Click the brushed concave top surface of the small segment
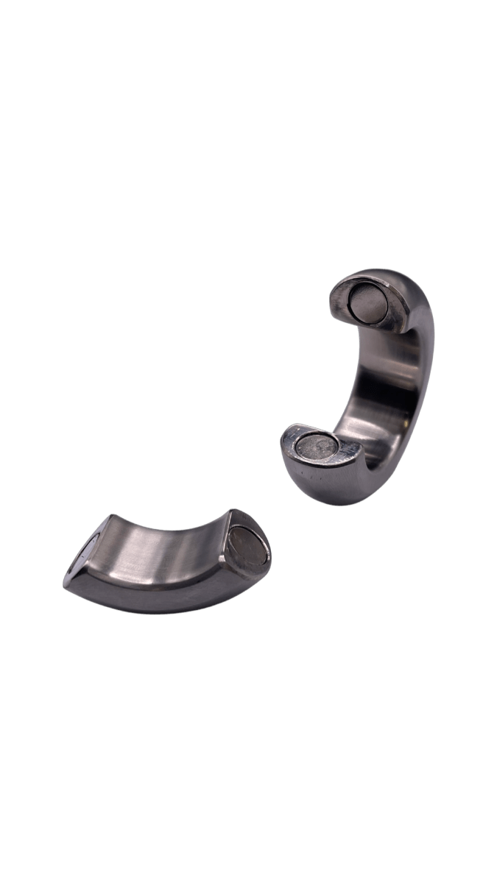click(x=162, y=548)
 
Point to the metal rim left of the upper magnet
click(x=340, y=302)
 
